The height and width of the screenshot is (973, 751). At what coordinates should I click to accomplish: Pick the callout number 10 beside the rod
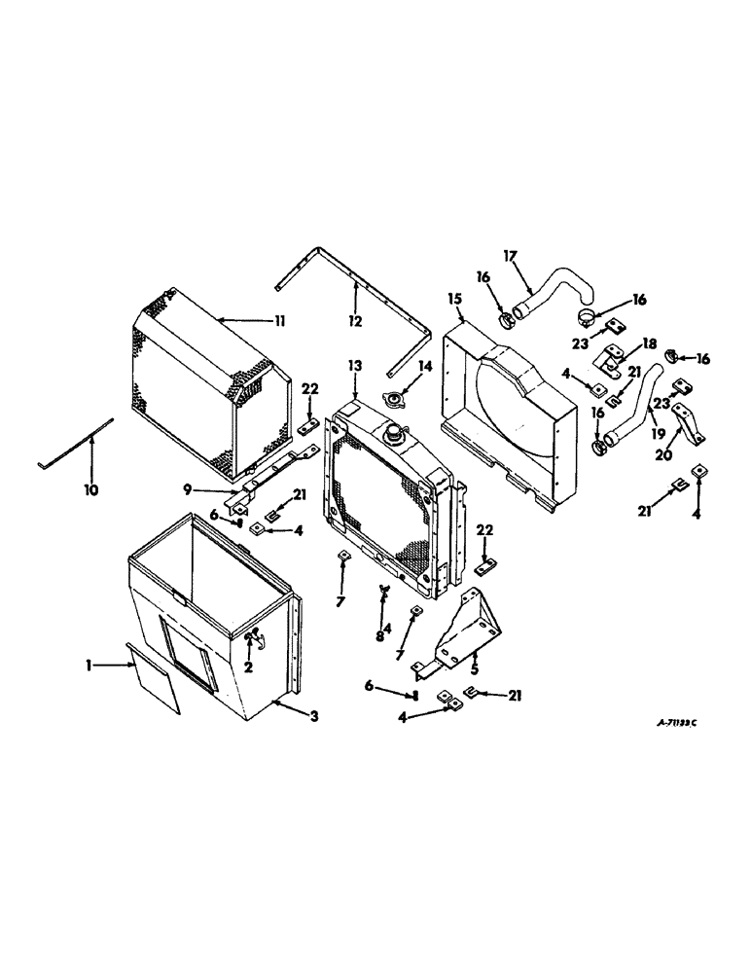(x=90, y=491)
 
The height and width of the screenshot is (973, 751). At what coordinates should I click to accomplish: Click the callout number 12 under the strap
(x=354, y=320)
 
